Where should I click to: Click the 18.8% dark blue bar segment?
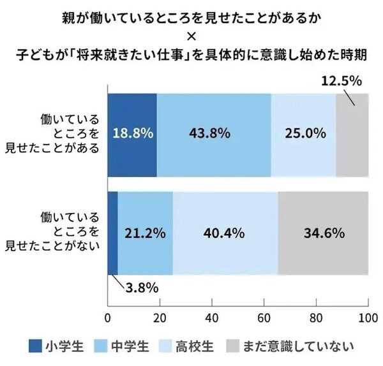tap(132, 134)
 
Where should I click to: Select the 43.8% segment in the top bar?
tap(214, 134)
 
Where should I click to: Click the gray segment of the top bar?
tap(352, 134)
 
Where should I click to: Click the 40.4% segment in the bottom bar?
tap(225, 233)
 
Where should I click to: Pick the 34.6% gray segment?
tap(323, 233)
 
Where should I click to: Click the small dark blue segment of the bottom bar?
tap(112, 233)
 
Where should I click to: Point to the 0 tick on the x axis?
tap(107, 317)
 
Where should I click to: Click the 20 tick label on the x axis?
tap(160, 317)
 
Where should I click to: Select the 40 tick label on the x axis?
tap(212, 317)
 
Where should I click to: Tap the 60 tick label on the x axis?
tap(264, 317)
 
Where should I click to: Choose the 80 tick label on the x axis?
tap(316, 317)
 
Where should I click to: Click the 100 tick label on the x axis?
tap(367, 317)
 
